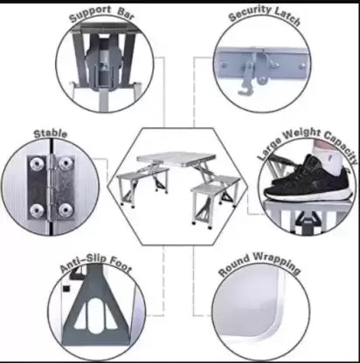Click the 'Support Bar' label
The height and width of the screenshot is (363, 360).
(x=101, y=14)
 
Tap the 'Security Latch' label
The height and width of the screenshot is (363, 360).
(x=265, y=15)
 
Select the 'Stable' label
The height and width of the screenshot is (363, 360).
(x=51, y=134)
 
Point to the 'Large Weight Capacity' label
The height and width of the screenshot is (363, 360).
(x=308, y=142)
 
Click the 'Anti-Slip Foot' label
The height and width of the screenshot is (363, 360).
(x=96, y=264)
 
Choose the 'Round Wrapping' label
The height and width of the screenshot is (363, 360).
(x=260, y=264)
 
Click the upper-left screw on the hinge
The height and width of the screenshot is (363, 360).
(x=37, y=164)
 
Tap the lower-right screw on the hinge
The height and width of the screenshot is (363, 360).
(x=65, y=209)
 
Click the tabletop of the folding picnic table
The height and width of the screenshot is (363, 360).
(x=177, y=159)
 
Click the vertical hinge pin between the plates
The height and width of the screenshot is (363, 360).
(x=52, y=187)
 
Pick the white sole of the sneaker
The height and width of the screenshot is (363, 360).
(x=308, y=195)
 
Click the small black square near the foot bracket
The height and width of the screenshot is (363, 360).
(x=66, y=289)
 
